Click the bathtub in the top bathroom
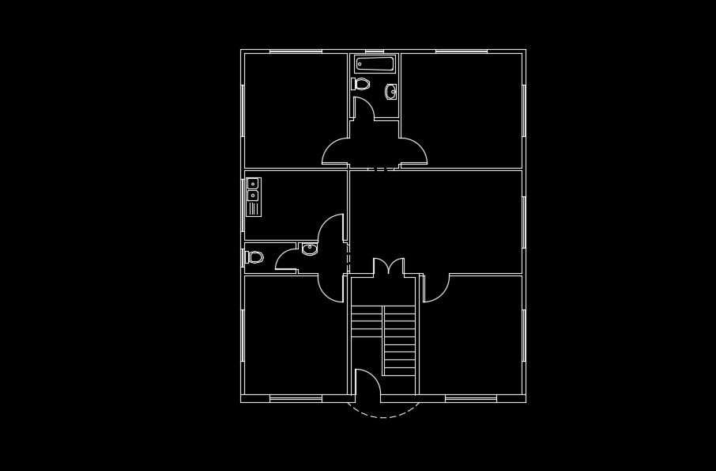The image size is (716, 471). [x=374, y=63]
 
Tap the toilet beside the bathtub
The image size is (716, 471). [x=360, y=83]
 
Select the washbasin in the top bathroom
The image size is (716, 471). [x=390, y=92]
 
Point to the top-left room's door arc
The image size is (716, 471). [x=336, y=152]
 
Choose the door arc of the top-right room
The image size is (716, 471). [x=413, y=152]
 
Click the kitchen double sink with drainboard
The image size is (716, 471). [x=254, y=196]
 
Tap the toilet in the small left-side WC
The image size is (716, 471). [x=254, y=256]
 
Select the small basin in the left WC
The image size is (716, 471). [x=310, y=249]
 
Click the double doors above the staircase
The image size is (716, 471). [x=388, y=267]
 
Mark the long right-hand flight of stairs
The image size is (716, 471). [x=399, y=340]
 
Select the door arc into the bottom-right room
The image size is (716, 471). [x=435, y=289]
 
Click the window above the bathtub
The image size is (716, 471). [x=374, y=51]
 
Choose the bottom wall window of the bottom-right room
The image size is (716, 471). [x=472, y=398]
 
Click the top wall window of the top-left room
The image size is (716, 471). [x=296, y=51]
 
